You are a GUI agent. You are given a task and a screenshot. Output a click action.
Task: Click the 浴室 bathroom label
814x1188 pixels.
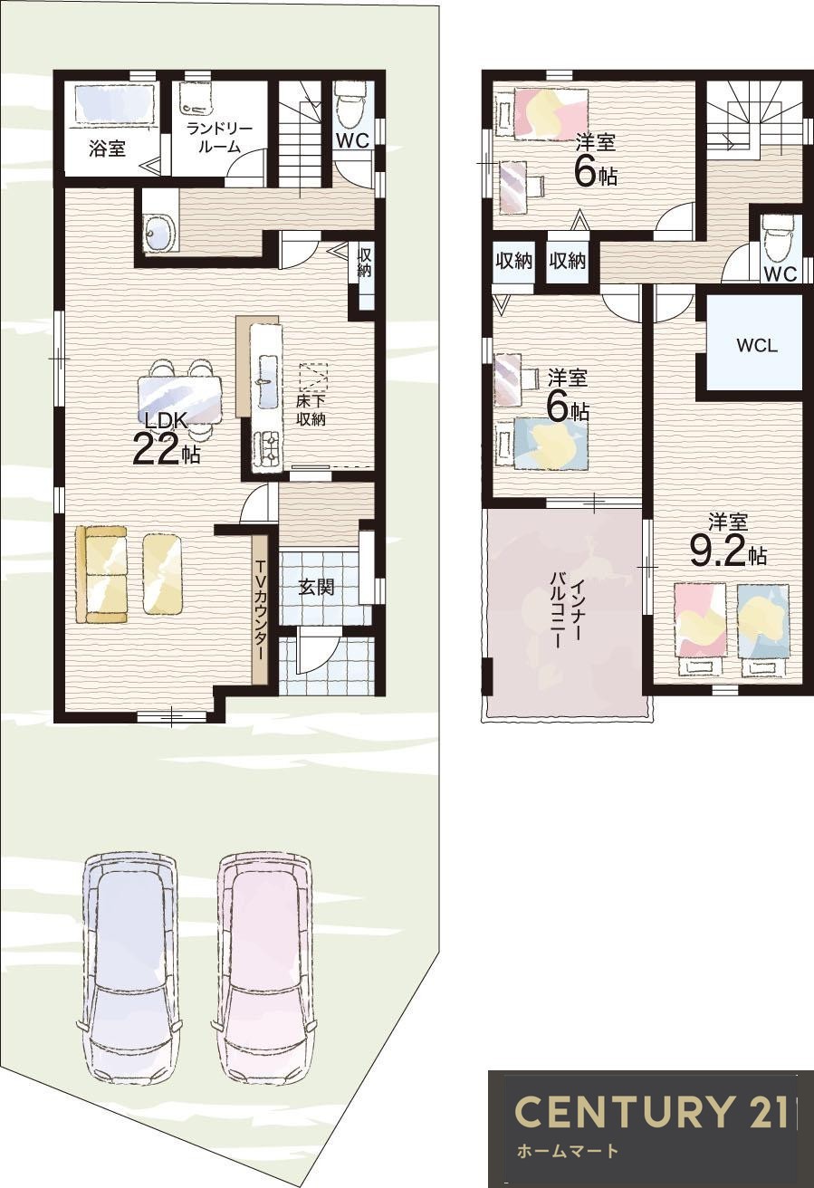pyautogui.click(x=107, y=149)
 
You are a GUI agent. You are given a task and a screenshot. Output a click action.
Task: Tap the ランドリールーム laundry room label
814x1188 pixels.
pyautogui.click(x=219, y=138)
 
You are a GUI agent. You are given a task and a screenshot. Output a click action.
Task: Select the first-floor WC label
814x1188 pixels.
pyautogui.click(x=351, y=140)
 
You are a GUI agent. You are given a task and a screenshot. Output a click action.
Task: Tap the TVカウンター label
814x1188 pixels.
pyautogui.click(x=261, y=611)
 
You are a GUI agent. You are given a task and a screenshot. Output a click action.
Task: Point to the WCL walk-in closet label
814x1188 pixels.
pyautogui.click(x=757, y=346)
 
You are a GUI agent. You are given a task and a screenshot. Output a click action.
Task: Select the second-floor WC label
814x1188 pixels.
pyautogui.click(x=780, y=273)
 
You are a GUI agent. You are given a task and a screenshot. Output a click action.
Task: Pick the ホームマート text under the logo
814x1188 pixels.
pyautogui.click(x=567, y=1150)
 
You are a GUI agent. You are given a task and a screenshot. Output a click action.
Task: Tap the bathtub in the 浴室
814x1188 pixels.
pyautogui.click(x=115, y=102)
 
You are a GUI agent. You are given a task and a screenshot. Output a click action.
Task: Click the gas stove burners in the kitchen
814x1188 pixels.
pyautogui.click(x=268, y=445)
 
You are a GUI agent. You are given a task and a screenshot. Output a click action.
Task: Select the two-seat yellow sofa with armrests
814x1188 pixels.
pyautogui.click(x=101, y=573)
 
